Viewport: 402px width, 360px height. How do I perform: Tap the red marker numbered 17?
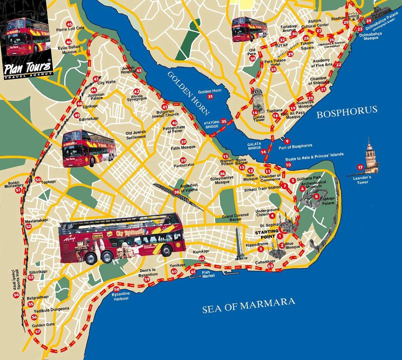[x=360, y=167]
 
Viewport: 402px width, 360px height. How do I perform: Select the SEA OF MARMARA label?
[x=249, y=305]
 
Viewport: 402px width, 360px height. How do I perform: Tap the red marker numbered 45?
[x=70, y=24]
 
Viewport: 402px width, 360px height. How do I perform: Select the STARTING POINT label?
[x=266, y=234]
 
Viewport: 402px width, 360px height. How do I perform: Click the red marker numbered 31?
[x=210, y=97]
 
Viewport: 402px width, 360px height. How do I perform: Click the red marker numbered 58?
[x=117, y=289]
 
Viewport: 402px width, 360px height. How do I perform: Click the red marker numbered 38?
[x=177, y=192]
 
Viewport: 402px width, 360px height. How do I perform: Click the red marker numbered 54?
[x=16, y=295]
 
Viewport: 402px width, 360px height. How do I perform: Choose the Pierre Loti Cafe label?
[x=70, y=29]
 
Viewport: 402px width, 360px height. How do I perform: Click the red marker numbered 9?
[x=286, y=141]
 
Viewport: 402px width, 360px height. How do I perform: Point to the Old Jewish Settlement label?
[x=136, y=135]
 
